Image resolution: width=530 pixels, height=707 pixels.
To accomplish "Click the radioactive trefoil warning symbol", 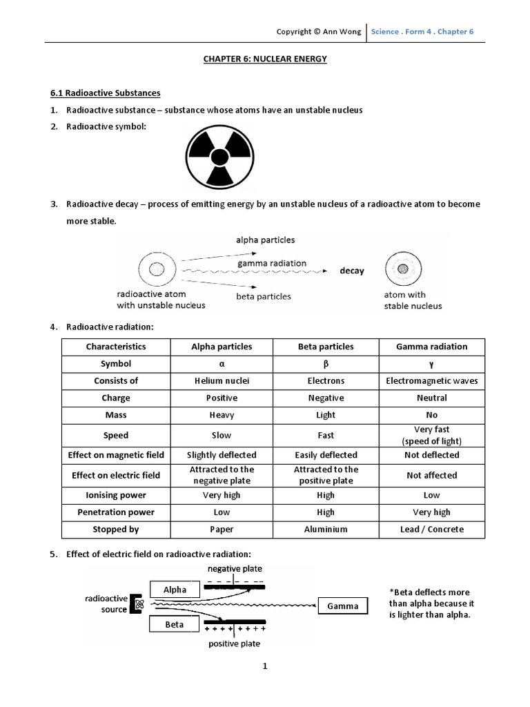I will click(219, 158).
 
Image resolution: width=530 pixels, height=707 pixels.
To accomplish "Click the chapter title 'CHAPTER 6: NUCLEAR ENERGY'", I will click(265, 59).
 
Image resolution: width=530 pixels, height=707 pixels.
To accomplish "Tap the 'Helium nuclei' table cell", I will click(221, 380).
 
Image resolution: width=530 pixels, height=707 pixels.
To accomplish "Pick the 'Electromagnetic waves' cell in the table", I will click(431, 380).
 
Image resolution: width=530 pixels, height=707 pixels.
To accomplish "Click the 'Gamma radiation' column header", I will click(431, 347).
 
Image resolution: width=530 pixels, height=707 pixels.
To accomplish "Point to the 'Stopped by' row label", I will click(116, 530).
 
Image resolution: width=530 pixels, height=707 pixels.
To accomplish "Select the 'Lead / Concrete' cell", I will click(431, 530).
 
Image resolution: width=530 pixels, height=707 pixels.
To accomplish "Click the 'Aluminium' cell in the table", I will click(326, 530).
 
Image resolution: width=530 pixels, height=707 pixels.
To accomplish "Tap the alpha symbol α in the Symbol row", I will click(221, 364).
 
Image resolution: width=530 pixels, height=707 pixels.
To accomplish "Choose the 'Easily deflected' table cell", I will click(326, 455).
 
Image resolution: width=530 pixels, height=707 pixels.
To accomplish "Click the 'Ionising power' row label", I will click(116, 495).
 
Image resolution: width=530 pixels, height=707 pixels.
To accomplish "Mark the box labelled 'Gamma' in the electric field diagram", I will click(343, 606).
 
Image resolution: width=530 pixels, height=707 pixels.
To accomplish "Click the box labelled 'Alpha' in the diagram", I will click(175, 590).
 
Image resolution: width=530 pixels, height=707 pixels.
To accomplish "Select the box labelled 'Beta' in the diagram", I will click(175, 624).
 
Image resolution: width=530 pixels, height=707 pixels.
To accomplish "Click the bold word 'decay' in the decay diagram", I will click(351, 271).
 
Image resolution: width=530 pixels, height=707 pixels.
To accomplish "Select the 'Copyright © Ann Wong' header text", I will click(318, 32).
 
